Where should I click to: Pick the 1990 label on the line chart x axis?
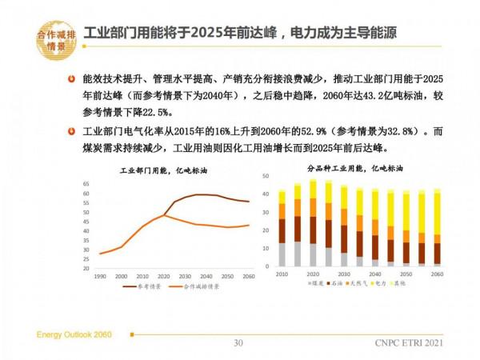(x=101, y=275)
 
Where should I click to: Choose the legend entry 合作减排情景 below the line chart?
(x=200, y=286)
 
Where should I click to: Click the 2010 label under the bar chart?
(x=282, y=274)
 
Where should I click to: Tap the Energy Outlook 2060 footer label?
(x=74, y=331)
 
